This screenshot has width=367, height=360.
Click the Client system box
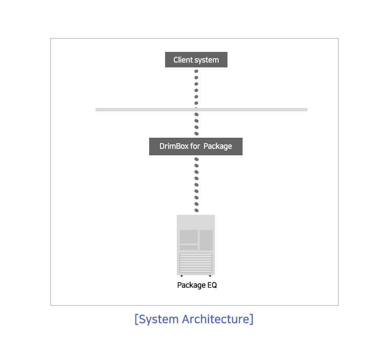[x=196, y=59]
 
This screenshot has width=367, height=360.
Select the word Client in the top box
[x=183, y=60]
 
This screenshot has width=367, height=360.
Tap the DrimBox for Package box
[x=196, y=147]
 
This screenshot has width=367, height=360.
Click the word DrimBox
[x=174, y=146]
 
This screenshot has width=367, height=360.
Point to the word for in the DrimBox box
[x=195, y=146]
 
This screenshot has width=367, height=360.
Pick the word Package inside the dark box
[x=218, y=147]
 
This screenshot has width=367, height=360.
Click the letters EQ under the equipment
[x=212, y=285]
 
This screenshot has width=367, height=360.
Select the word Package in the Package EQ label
[x=191, y=285]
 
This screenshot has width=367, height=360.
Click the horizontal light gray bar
[x=201, y=110]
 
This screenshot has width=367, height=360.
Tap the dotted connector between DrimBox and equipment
[x=196, y=185]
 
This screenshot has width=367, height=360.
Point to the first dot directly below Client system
[x=196, y=71]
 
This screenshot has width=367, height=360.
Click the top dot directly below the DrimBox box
[x=196, y=159]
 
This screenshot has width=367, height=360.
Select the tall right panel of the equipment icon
[x=206, y=240]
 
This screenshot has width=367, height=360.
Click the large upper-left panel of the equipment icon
[x=189, y=237]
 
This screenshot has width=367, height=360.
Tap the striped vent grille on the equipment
[x=196, y=263]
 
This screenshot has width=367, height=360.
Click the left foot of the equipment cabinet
[x=182, y=275]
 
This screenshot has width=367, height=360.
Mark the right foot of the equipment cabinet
[x=210, y=275]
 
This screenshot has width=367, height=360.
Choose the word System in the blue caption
[x=159, y=319]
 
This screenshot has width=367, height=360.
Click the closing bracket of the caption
[x=251, y=319]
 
